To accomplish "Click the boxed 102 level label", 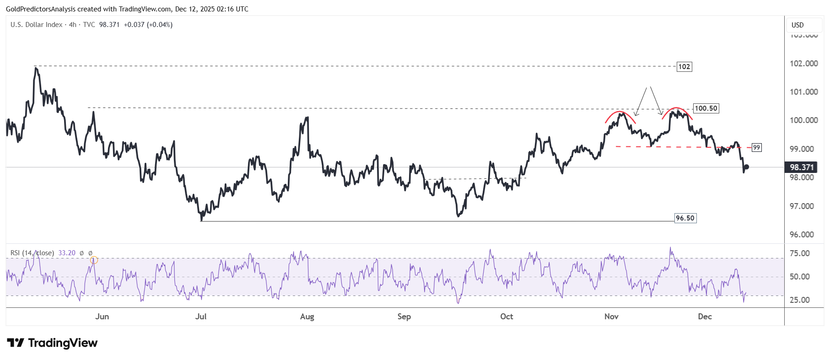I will (x=684, y=67).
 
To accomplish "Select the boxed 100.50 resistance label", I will (x=706, y=108).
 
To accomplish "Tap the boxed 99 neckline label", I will (x=757, y=147).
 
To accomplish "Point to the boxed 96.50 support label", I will (x=685, y=218).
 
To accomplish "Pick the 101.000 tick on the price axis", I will (x=803, y=92).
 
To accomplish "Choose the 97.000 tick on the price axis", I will (x=803, y=206).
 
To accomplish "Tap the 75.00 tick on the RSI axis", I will (x=799, y=253).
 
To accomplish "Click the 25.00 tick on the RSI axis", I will (x=799, y=300).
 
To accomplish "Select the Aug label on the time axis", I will (x=307, y=317).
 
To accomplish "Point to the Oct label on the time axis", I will (x=507, y=317).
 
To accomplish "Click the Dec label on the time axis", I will (x=705, y=317).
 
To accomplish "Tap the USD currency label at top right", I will (x=798, y=25).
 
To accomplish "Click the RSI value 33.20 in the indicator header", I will (x=67, y=253).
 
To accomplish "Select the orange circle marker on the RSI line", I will (x=94, y=260).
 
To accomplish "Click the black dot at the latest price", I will (x=746, y=167).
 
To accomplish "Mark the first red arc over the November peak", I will (x=620, y=113).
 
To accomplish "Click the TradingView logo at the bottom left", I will (x=52, y=343).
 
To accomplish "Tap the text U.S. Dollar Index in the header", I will (x=37, y=25).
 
